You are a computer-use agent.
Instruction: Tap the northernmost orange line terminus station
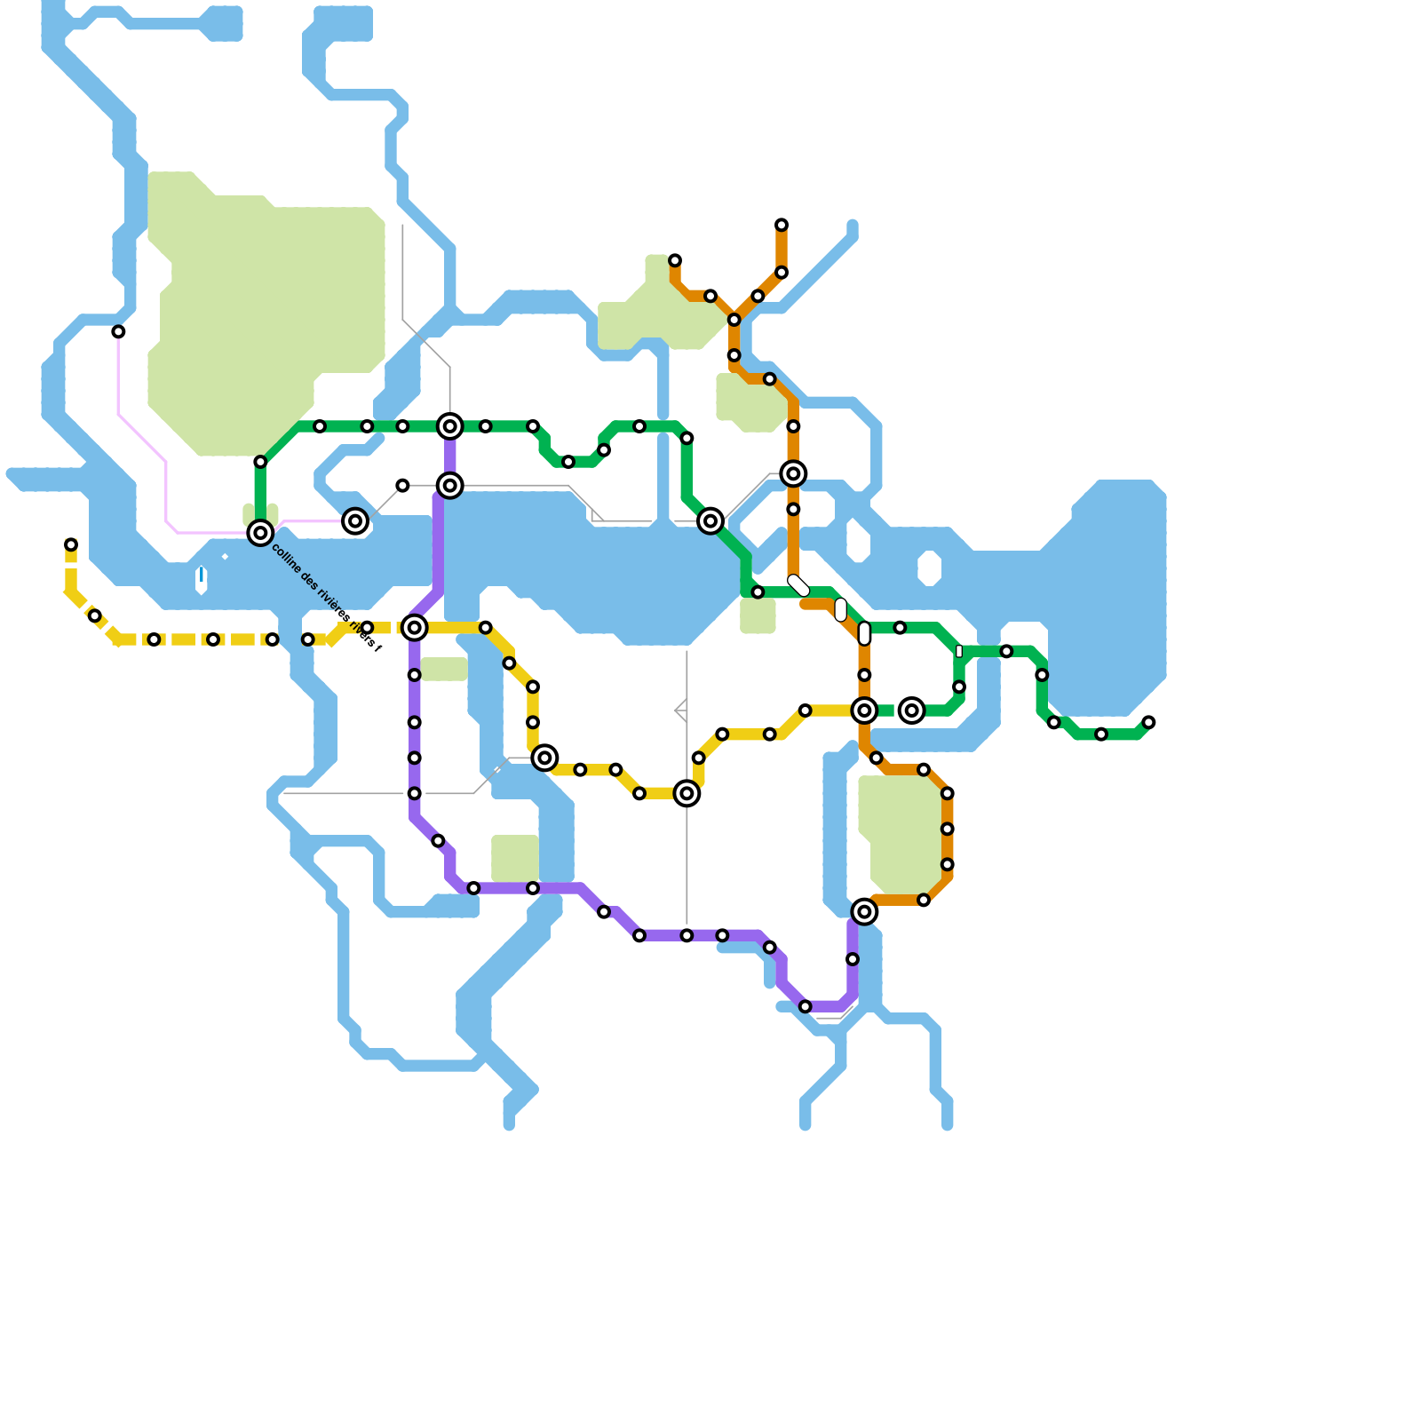point(781,225)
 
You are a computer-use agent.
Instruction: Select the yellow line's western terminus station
point(71,544)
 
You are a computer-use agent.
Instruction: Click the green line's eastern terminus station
point(1148,722)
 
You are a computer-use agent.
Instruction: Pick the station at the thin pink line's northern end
point(118,331)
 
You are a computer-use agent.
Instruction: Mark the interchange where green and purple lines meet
point(450,427)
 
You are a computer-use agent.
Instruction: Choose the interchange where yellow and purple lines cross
point(414,628)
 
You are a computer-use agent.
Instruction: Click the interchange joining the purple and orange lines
point(864,911)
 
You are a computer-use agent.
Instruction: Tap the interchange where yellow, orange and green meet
point(864,710)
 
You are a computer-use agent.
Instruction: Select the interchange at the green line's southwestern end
point(260,533)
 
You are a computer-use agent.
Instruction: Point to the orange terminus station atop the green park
point(675,260)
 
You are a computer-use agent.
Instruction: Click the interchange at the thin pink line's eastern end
point(355,521)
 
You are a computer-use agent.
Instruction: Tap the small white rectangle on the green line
point(958,651)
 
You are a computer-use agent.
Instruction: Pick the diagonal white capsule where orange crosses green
point(798,585)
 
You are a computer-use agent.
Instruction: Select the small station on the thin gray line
point(402,486)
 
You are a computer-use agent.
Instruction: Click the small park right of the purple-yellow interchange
point(444,669)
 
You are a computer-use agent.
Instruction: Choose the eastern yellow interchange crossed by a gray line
point(687,793)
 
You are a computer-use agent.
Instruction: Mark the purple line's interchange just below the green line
point(450,486)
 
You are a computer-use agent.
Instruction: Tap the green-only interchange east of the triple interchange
point(911,710)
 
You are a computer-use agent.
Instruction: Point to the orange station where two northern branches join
point(734,320)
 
